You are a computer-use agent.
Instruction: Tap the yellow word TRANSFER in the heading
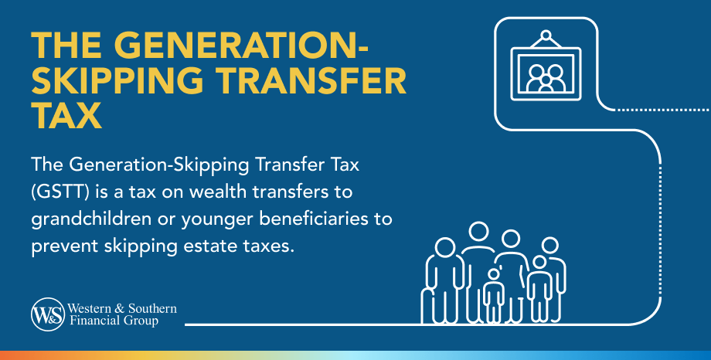[318, 80]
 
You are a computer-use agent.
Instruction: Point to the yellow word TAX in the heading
[67, 116]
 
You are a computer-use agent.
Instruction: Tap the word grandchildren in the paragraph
[84, 218]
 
